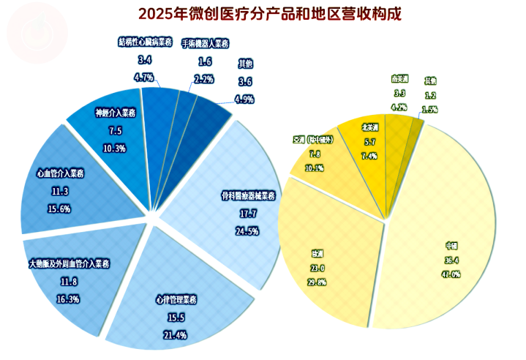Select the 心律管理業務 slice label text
coord(176,300)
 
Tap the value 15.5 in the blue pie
coord(176,318)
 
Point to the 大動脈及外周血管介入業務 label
coord(69,263)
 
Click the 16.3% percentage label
coord(69,298)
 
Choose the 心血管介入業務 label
coord(60,174)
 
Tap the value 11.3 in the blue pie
coord(60,192)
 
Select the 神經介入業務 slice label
coord(116,113)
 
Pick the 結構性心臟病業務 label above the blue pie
coord(145,42)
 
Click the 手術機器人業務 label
coord(206,44)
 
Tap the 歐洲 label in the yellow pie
coord(318,254)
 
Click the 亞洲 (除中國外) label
coord(314,140)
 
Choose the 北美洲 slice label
coord(369,127)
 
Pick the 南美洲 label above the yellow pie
coord(399,78)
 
